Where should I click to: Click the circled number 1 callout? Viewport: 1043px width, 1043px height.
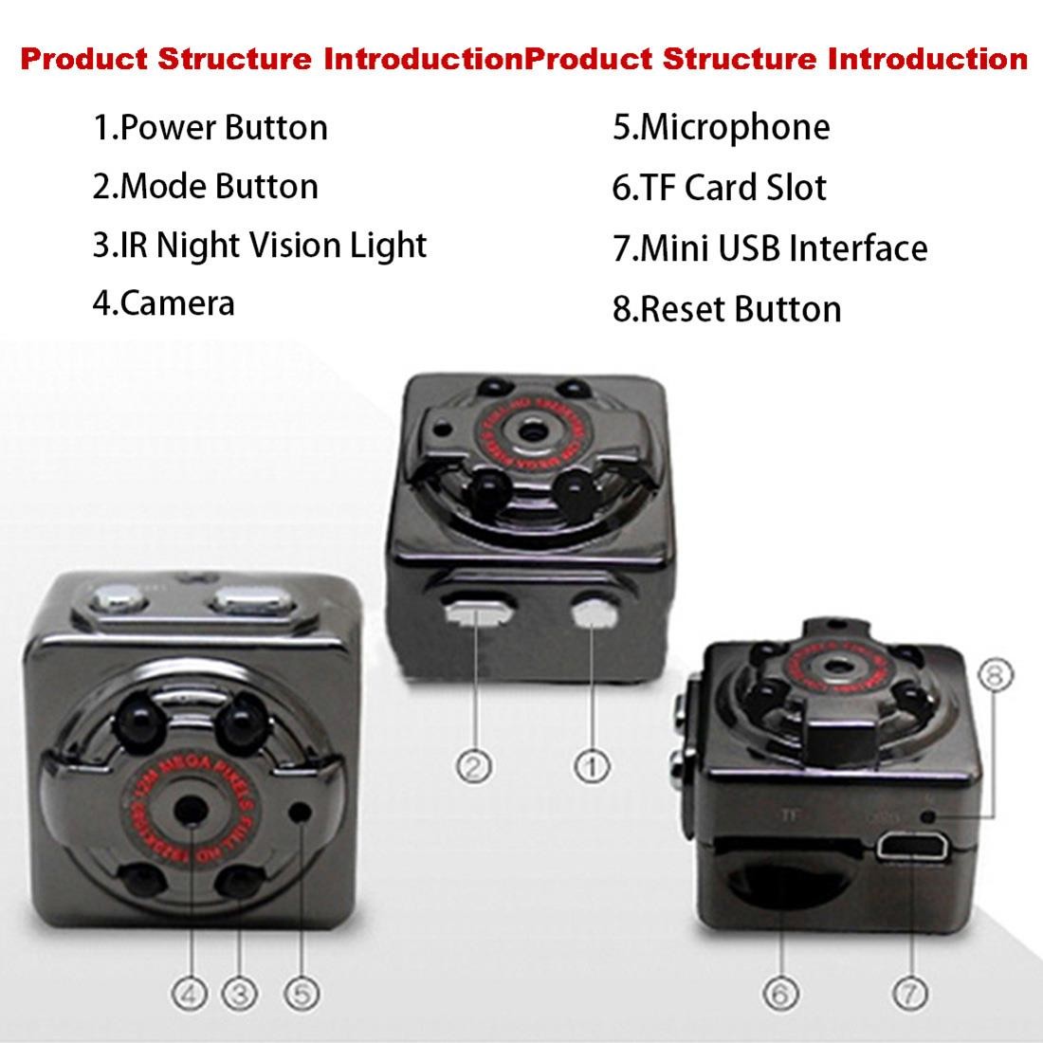pyautogui.click(x=592, y=764)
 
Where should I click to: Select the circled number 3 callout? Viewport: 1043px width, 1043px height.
pyautogui.click(x=240, y=993)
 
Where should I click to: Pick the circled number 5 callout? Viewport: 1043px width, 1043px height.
pyautogui.click(x=301, y=993)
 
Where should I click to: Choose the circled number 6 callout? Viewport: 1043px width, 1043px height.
pyautogui.click(x=780, y=993)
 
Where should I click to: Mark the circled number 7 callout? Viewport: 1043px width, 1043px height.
pyautogui.click(x=909, y=993)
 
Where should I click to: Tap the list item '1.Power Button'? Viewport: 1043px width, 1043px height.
pyautogui.click(x=210, y=127)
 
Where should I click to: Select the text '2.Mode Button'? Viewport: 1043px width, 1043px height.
pyautogui.click(x=205, y=186)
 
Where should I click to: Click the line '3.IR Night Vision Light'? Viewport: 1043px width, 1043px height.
pyautogui.click(x=260, y=245)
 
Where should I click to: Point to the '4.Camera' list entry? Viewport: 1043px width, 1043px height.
pyautogui.click(x=163, y=303)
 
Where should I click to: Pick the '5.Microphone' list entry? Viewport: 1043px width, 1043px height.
pyautogui.click(x=721, y=127)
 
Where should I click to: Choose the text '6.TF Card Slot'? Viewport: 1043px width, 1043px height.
pyautogui.click(x=719, y=187)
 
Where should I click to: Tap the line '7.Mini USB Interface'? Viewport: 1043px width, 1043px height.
pyautogui.click(x=769, y=248)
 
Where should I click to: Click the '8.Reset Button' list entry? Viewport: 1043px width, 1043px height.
pyautogui.click(x=726, y=309)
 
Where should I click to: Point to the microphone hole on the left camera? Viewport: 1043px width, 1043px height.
pyautogui.click(x=302, y=813)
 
